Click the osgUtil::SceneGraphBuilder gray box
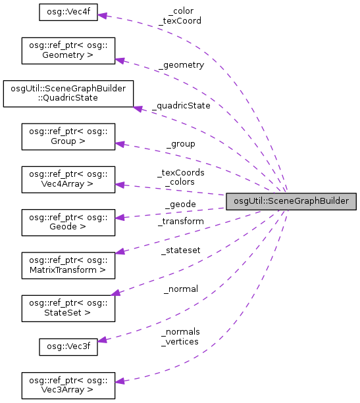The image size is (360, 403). pyautogui.click(x=291, y=202)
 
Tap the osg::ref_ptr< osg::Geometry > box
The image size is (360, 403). pyautogui.click(x=68, y=51)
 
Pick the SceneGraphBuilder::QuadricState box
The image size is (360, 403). pyautogui.click(x=68, y=94)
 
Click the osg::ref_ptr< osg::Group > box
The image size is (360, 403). pyautogui.click(x=68, y=136)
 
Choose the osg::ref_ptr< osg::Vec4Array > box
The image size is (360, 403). pyautogui.click(x=68, y=179)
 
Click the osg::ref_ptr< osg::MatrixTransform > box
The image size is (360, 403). pyautogui.click(x=68, y=264)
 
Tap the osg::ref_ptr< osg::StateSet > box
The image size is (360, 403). pyautogui.click(x=68, y=306)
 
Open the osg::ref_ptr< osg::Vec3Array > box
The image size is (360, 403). pyautogui.click(x=68, y=385)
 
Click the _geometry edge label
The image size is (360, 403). pyautogui.click(x=181, y=65)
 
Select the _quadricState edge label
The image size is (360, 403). pyautogui.click(x=181, y=105)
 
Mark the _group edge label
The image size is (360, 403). pyautogui.click(x=180, y=143)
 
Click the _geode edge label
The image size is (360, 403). pyautogui.click(x=180, y=204)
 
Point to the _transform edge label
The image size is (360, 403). pyautogui.click(x=181, y=222)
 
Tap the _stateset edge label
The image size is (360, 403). pyautogui.click(x=181, y=250)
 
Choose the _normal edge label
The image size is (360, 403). pyautogui.click(x=181, y=289)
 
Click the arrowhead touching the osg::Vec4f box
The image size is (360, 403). pyautogui.click(x=102, y=15)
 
